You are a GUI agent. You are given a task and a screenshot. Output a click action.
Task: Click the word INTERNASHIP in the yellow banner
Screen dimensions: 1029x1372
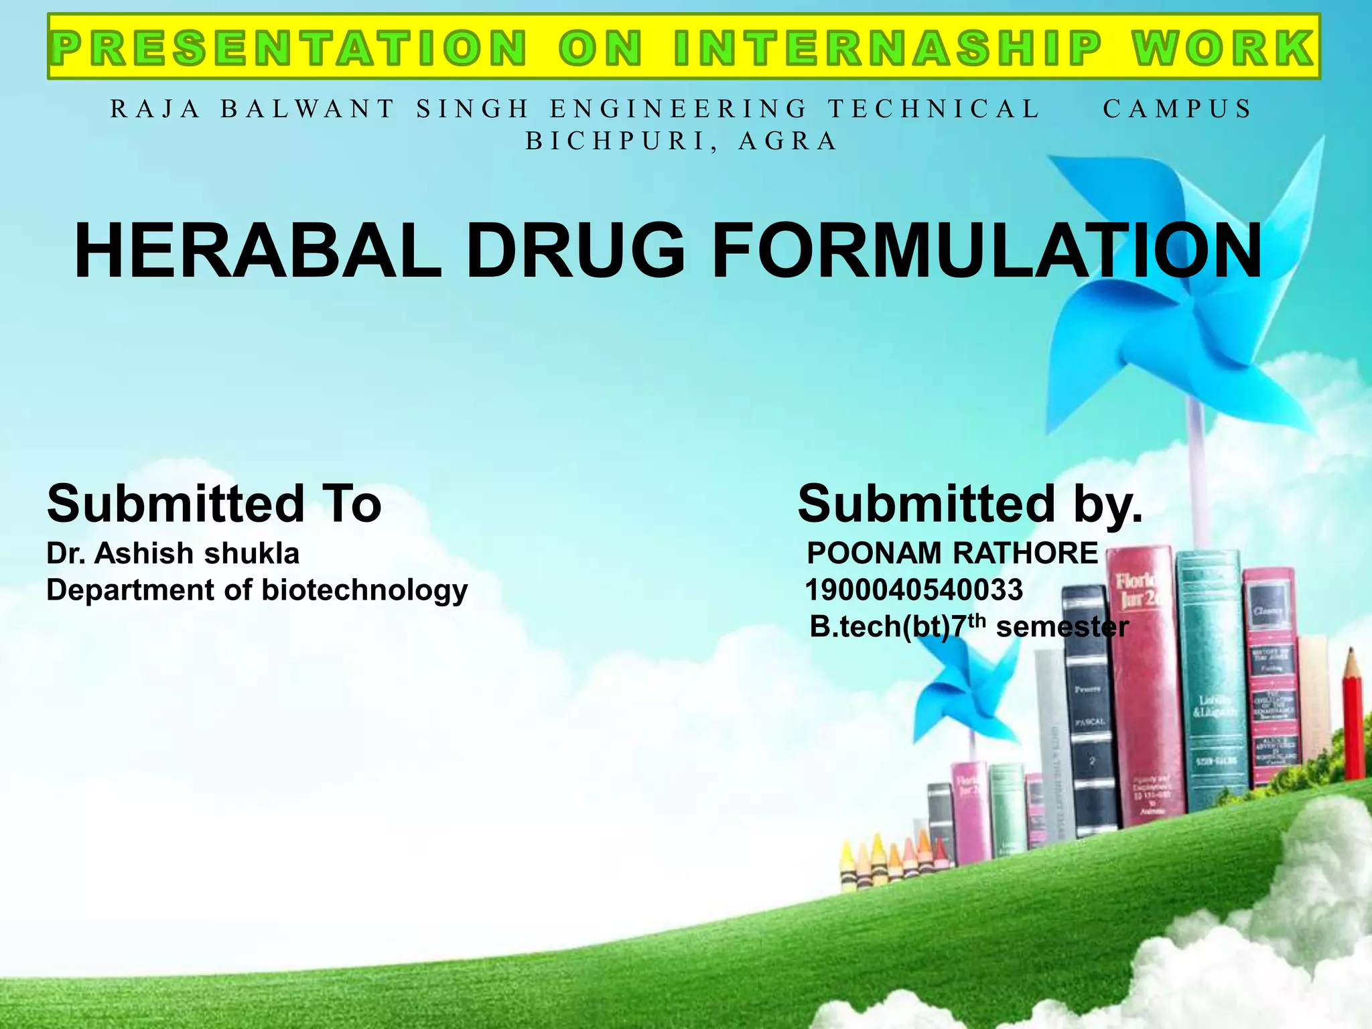[x=887, y=48]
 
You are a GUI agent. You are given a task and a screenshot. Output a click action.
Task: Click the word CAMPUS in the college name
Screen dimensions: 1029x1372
[x=1177, y=109]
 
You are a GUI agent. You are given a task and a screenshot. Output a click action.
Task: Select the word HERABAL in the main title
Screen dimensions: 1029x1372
[x=257, y=251]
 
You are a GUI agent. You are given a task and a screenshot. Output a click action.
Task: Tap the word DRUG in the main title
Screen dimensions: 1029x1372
[x=575, y=251]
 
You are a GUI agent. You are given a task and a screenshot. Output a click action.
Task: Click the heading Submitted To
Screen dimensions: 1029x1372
[x=214, y=504]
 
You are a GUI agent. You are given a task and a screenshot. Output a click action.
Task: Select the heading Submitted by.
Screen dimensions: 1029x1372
[x=969, y=504]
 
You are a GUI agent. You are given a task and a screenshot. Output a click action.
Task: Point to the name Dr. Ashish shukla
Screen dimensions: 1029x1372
[x=172, y=553]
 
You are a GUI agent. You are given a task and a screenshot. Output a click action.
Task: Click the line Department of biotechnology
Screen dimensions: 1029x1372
[x=257, y=590]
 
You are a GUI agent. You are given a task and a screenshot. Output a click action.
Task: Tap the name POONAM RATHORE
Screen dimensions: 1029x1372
[x=951, y=553]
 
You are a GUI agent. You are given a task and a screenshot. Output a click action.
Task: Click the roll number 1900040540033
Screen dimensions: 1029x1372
[x=913, y=590]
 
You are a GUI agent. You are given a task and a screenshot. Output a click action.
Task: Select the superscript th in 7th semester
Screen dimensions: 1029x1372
[x=979, y=620]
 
